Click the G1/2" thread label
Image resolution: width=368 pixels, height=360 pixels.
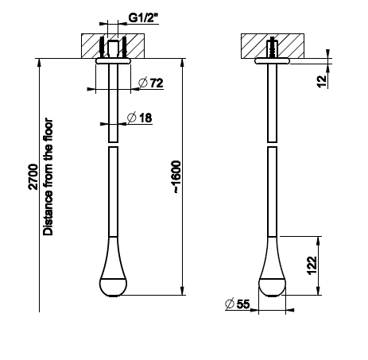coord(143,17)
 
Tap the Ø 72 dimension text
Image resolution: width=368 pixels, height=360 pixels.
coord(151,83)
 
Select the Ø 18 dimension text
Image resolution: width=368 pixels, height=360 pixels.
coord(140,118)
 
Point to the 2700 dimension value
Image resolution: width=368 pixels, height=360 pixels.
coord(33,176)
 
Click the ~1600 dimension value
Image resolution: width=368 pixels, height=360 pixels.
coord(176,176)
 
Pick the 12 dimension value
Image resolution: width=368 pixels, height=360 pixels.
coord(321,81)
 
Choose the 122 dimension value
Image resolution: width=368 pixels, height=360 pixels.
coord(312,265)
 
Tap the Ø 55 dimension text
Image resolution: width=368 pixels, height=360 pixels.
coord(237,304)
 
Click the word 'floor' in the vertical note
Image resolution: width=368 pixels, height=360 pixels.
coord(48,130)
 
